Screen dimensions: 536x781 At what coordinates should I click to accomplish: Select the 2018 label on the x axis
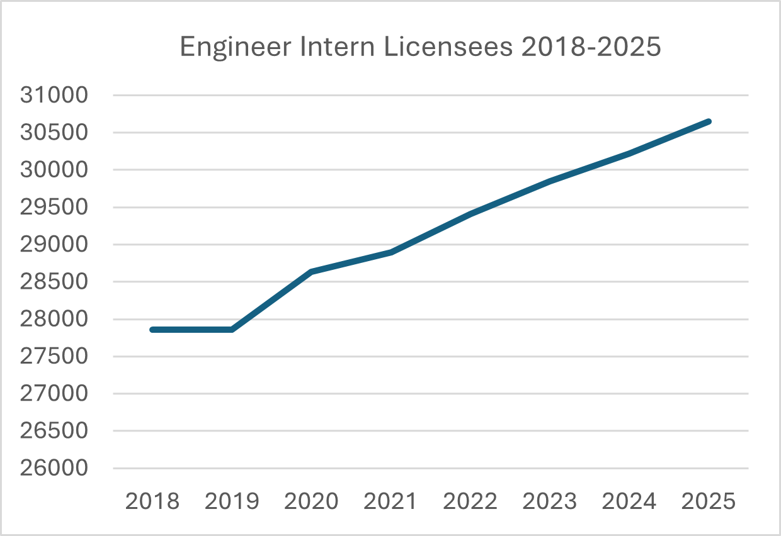coord(152,502)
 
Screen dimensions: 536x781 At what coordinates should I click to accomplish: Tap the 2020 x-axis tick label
coord(311,502)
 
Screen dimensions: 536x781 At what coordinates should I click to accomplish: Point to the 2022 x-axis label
coord(470,502)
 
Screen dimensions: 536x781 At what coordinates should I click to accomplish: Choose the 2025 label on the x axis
coord(709,502)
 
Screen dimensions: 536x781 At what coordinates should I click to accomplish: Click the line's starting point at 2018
coord(152,330)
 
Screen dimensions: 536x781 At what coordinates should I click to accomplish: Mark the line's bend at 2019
coord(232,330)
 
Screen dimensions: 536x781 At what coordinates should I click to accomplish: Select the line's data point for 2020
coord(311,272)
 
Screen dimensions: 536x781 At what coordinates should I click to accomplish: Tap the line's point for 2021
coord(391,252)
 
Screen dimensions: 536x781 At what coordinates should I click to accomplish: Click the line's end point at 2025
coord(709,121)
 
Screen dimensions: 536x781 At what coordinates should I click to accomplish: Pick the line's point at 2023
coord(550,181)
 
